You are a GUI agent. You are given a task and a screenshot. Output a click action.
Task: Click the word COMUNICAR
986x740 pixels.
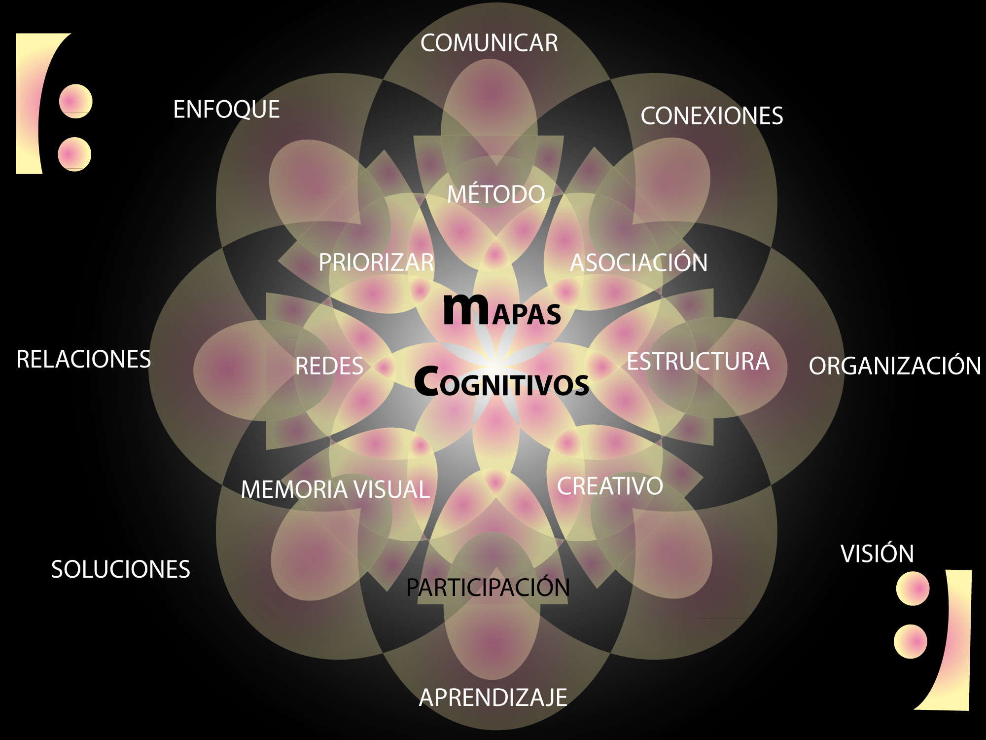(489, 43)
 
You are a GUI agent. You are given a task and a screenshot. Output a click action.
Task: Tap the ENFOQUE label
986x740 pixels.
(226, 110)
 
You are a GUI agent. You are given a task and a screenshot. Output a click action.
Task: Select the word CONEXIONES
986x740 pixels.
(711, 116)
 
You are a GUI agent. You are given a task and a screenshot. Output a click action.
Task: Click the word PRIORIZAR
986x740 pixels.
(377, 262)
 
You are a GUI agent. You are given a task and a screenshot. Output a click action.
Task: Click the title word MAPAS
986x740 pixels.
(502, 310)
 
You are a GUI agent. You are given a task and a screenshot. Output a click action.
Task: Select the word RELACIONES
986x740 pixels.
(83, 359)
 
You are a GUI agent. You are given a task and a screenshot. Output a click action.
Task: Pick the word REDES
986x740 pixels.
(329, 366)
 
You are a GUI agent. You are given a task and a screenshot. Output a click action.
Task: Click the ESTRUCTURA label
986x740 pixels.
(698, 361)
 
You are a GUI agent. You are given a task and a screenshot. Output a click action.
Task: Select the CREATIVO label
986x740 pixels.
(610, 486)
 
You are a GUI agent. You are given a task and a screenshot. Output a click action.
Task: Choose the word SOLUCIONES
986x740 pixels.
(120, 569)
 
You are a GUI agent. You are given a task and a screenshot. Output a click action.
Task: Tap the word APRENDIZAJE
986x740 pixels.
(493, 698)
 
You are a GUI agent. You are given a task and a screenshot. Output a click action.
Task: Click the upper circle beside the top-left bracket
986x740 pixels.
(75, 101)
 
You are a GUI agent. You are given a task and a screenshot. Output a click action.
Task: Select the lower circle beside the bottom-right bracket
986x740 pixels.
(911, 641)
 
